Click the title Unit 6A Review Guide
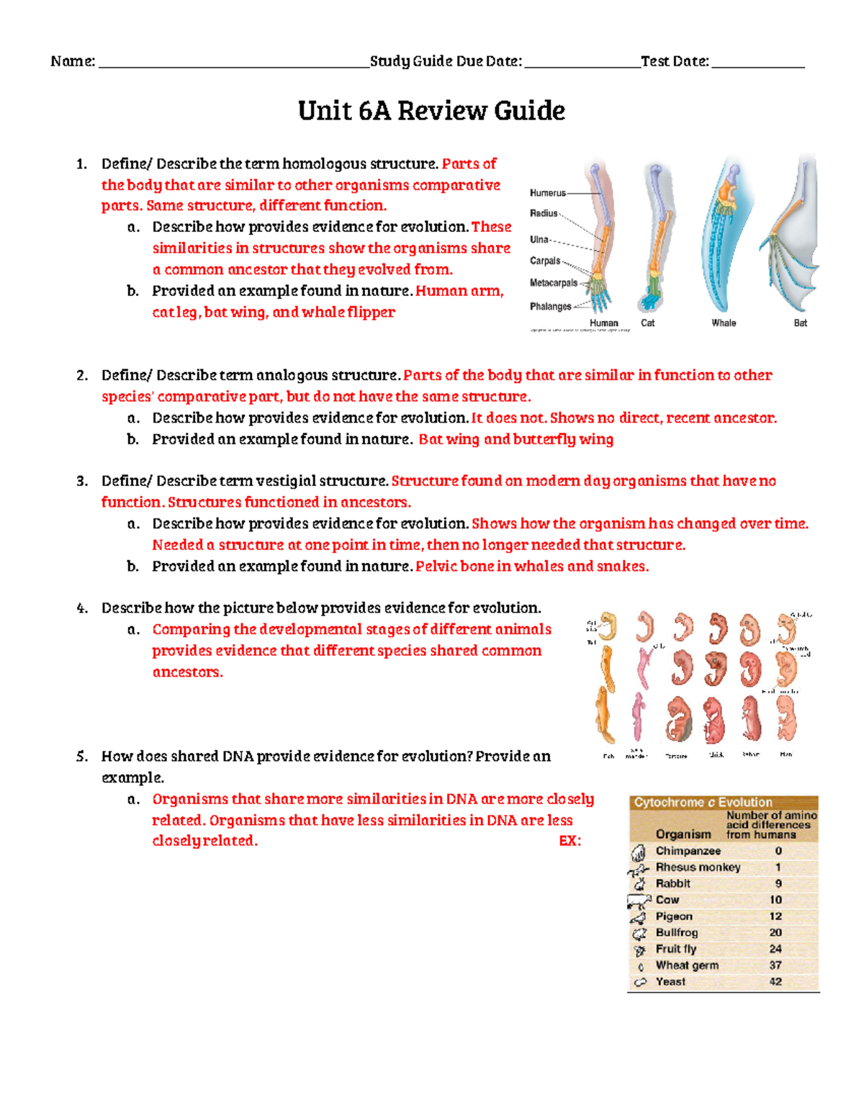431,111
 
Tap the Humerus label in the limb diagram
547,193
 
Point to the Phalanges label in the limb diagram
550,307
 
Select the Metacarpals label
553,283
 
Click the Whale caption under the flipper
724,323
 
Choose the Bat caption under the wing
800,323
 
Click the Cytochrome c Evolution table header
703,802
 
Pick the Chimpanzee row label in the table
688,851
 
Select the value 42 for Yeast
775,982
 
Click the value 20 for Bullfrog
775,933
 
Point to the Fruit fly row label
675,950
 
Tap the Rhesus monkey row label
698,867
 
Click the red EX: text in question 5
570,841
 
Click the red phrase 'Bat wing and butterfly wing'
516,439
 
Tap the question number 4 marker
82,608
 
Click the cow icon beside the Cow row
639,901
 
